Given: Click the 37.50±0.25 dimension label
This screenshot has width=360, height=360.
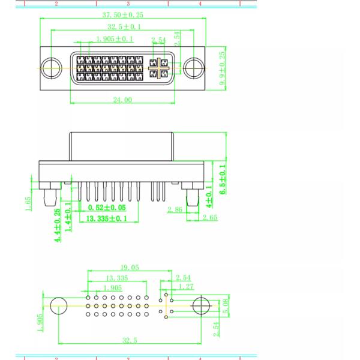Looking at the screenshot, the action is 122,15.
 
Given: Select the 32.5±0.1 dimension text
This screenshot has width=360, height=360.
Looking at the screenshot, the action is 124,26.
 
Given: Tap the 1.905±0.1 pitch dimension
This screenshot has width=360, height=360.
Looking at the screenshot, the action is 115,39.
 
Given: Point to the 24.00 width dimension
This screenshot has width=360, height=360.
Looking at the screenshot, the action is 122,100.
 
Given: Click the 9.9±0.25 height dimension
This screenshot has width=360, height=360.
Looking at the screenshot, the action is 222,68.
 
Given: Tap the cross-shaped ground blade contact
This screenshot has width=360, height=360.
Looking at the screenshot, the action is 158,68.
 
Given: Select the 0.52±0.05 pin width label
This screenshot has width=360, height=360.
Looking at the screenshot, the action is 107,208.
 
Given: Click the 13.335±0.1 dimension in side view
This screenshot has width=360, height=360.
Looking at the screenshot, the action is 107,218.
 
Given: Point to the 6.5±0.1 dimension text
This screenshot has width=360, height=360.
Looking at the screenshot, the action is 223,179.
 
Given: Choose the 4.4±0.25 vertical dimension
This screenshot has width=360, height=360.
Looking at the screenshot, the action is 58,225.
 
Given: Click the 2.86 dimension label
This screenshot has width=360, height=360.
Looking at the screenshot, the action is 175,209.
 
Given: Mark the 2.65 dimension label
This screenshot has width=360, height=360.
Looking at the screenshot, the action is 210,217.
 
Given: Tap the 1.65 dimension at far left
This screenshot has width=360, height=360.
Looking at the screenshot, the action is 28,203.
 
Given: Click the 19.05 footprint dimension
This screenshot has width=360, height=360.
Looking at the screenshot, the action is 130,267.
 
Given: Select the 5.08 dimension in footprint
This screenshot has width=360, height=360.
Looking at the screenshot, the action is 226,306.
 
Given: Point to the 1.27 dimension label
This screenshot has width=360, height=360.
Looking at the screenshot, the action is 186,287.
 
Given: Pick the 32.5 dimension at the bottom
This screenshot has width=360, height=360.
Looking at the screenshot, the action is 130,340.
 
